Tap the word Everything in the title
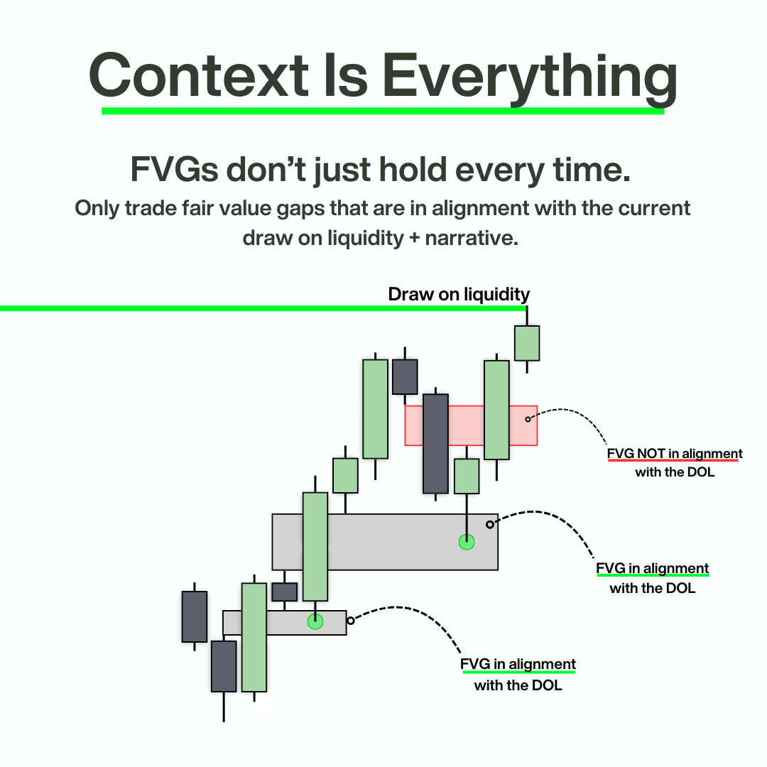(529, 74)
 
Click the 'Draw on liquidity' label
(459, 294)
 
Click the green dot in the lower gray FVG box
(315, 621)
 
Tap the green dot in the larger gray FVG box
(467, 542)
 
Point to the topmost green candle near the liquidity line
(527, 343)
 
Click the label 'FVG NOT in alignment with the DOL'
(674, 462)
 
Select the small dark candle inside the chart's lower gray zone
(285, 592)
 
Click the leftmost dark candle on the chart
(195, 616)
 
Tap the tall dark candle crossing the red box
(435, 443)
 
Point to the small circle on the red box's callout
(528, 419)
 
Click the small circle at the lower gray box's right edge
(350, 620)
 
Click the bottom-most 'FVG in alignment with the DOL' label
(518, 674)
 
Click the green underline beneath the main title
(383, 111)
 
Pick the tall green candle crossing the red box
(496, 410)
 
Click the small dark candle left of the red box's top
(405, 376)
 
